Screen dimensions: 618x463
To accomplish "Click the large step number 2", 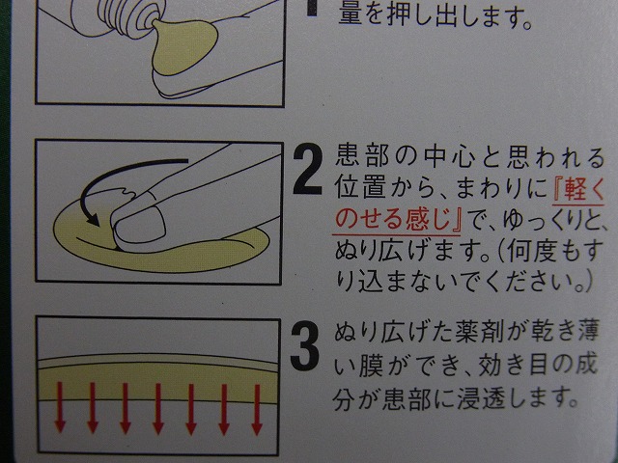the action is pyautogui.click(x=307, y=169).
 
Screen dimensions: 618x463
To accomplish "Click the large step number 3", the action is pyautogui.click(x=304, y=345).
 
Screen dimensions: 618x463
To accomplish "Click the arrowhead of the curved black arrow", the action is pyautogui.click(x=93, y=219).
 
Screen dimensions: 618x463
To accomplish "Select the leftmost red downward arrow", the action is pyautogui.click(x=60, y=407).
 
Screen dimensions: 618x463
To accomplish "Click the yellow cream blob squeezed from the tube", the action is pyautogui.click(x=184, y=45).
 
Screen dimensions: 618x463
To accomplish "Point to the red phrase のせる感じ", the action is pyautogui.click(x=393, y=220).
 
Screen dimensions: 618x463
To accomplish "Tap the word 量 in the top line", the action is pyautogui.click(x=351, y=15).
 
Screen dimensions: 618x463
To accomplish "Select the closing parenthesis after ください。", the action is pyautogui.click(x=588, y=281).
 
